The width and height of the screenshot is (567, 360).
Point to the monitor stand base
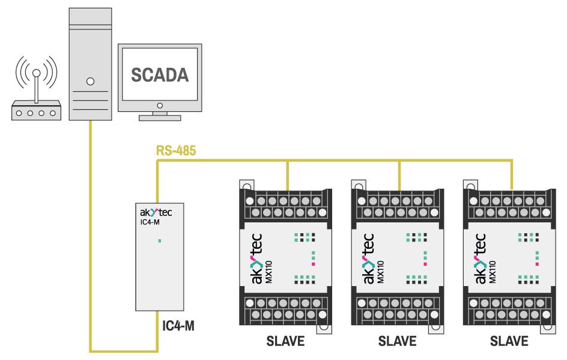tap(159, 117)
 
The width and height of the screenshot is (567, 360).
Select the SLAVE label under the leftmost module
tap(285, 341)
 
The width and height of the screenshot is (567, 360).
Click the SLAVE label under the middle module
tap(397, 341)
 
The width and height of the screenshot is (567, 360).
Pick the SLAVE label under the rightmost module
tap(509, 341)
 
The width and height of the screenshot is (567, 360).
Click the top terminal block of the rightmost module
tap(509, 204)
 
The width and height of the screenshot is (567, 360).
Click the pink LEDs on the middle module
tap(425, 258)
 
